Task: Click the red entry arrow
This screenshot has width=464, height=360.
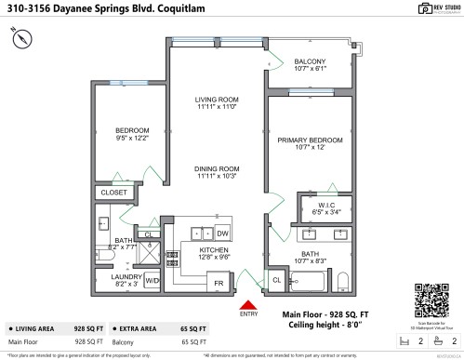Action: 248,304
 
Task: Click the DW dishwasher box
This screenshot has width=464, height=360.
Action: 222,233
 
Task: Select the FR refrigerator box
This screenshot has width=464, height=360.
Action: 219,281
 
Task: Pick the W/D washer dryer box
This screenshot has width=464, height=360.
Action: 152,279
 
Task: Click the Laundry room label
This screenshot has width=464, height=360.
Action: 125,276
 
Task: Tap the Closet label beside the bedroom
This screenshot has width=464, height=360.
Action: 113,193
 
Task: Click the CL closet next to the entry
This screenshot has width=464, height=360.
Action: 276,279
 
